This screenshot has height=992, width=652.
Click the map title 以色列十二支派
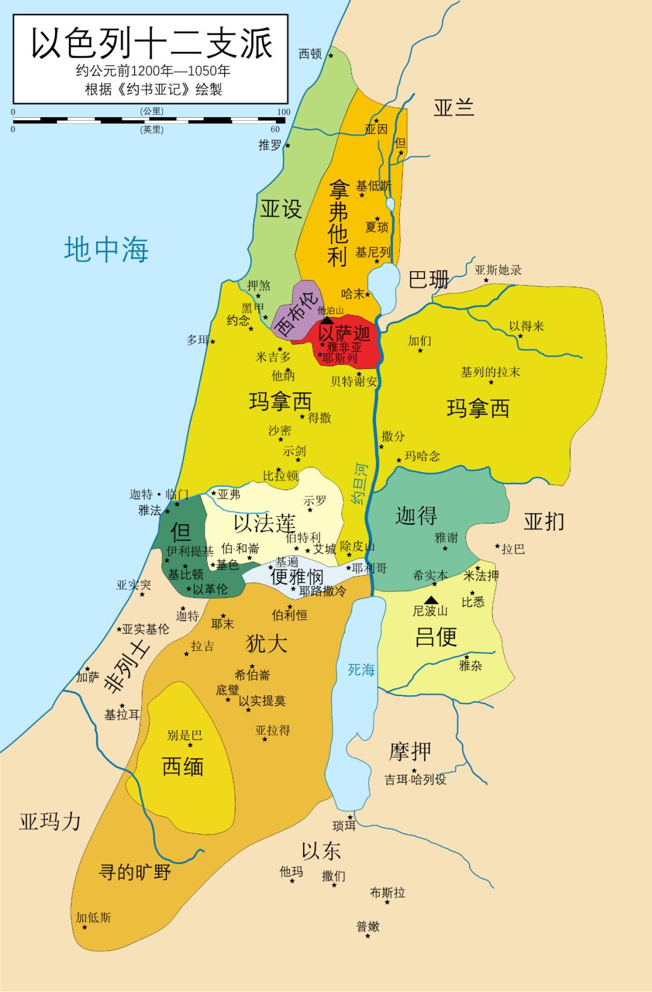click(152, 43)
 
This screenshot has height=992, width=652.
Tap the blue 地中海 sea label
click(107, 249)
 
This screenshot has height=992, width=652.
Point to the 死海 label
click(361, 670)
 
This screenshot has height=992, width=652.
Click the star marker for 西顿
click(331, 56)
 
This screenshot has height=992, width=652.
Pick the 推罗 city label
click(270, 146)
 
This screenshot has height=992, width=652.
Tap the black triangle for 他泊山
click(327, 320)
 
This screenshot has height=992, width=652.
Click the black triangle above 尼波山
click(430, 600)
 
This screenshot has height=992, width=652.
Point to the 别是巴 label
click(185, 735)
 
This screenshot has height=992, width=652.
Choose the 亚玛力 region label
click(50, 821)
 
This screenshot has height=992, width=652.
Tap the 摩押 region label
click(410, 752)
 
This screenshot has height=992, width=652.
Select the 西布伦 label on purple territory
click(295, 316)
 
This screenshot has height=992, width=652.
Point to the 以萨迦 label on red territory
click(344, 333)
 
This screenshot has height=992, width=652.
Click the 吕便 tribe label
click(436, 636)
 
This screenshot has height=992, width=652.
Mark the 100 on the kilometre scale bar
click(283, 112)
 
